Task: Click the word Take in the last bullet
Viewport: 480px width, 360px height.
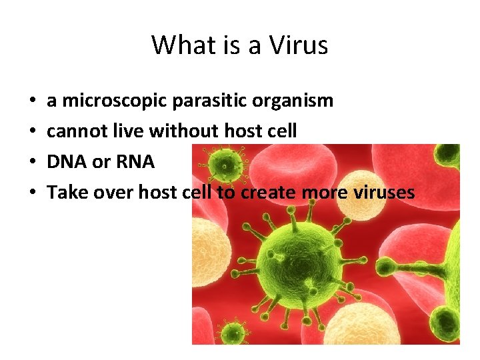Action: click(63, 193)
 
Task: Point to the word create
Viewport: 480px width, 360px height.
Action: click(269, 193)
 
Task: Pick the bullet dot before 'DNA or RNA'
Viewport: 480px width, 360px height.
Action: click(33, 163)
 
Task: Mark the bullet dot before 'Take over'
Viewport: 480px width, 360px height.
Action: click(33, 193)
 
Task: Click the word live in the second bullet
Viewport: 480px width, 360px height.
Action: click(124, 132)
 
